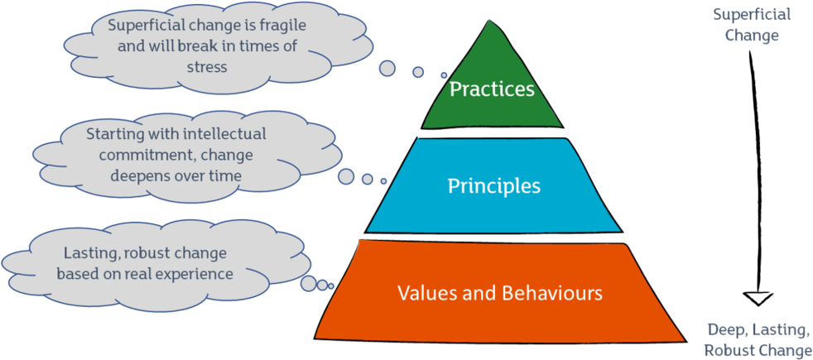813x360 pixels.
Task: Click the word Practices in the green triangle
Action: tap(492, 89)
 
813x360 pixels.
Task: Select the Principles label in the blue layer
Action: tap(493, 186)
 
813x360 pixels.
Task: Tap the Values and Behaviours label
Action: tap(499, 293)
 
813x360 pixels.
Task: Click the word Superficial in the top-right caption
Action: tap(752, 15)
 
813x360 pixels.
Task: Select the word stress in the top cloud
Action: tap(206, 67)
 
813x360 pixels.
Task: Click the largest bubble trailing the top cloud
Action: tap(387, 68)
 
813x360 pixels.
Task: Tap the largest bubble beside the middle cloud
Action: tap(347, 176)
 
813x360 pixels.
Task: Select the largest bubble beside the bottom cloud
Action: tap(308, 284)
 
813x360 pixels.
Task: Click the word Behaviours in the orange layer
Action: tap(557, 293)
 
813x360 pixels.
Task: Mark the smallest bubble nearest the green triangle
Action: tap(444, 75)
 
